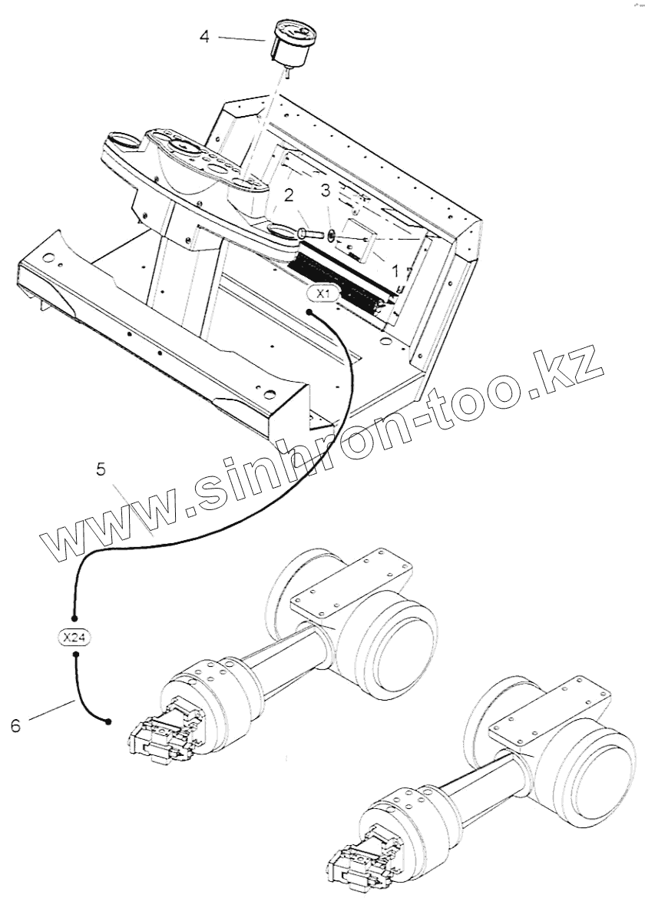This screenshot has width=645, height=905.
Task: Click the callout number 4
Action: click(x=204, y=35)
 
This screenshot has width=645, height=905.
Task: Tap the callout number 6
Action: click(x=16, y=724)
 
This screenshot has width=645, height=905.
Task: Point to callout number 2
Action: click(x=289, y=196)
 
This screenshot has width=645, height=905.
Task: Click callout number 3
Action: click(x=326, y=190)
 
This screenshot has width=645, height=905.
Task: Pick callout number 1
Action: click(x=395, y=271)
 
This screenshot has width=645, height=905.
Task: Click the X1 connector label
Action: click(x=322, y=293)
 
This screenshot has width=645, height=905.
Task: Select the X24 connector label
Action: click(x=75, y=636)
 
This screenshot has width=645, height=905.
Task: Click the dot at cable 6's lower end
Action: click(x=109, y=721)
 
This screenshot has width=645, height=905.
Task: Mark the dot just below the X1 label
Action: click(x=308, y=312)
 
